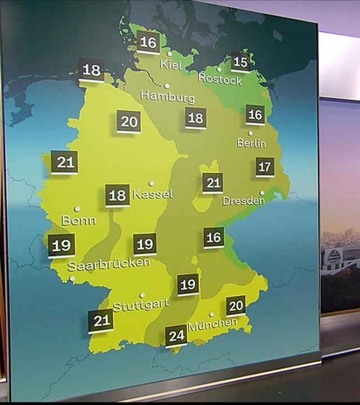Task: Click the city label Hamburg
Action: click(167, 96)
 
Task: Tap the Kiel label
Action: click(172, 64)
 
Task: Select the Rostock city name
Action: click(220, 79)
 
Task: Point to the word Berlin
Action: click(251, 143)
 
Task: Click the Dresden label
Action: click(244, 200)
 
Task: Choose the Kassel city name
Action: click(153, 195)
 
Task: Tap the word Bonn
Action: click(79, 220)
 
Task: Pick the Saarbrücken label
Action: click(109, 263)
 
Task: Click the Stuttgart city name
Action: click(141, 305)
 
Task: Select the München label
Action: click(213, 324)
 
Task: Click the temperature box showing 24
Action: click(177, 337)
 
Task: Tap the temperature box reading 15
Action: click(240, 62)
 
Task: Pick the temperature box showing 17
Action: click(265, 167)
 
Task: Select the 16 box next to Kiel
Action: click(148, 42)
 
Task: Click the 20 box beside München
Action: click(236, 306)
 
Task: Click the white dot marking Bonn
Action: click(77, 209)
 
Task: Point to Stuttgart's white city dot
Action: click(142, 295)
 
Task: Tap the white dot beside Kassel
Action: click(151, 183)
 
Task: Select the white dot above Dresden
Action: click(262, 192)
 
